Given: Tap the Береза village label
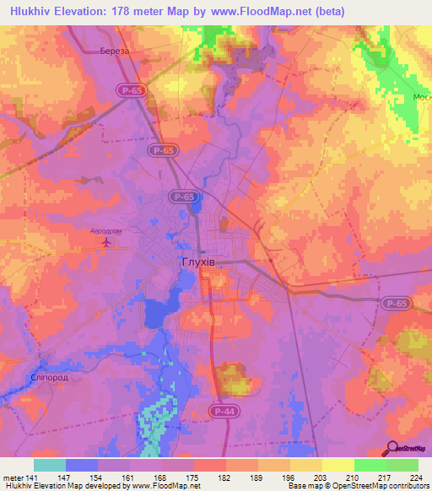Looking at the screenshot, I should (114, 51).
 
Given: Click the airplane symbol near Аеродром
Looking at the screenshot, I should (106, 243).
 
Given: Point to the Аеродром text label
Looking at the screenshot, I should (106, 230).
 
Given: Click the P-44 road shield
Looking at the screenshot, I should (222, 410).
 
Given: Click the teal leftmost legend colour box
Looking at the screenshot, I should (50, 465).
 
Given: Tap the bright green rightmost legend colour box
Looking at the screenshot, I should (402, 465).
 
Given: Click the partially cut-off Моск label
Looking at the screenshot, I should (421, 97).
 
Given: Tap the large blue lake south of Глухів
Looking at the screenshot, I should (159, 314).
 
